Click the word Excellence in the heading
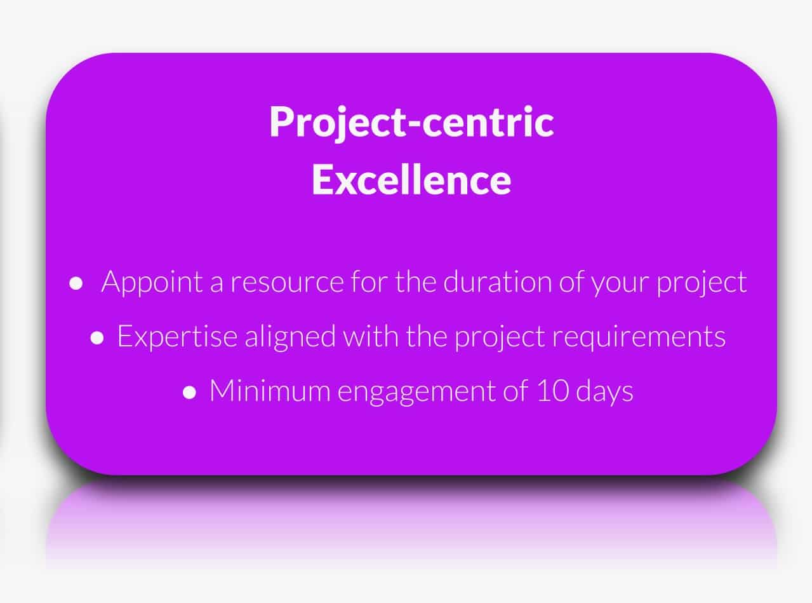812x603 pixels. tap(411, 180)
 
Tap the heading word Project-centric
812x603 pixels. tap(411, 122)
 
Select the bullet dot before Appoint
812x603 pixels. tap(76, 283)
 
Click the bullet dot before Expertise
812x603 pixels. tap(97, 338)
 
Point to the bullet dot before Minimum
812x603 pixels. tap(189, 393)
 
